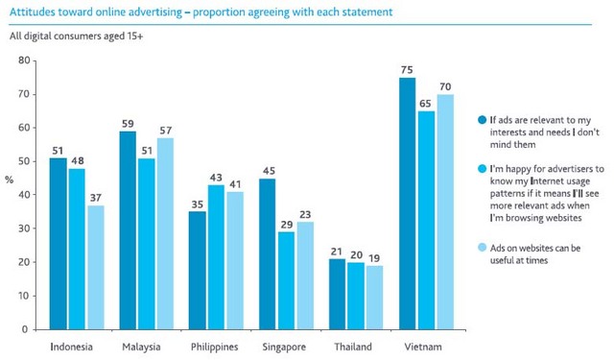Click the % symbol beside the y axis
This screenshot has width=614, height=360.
click(10, 180)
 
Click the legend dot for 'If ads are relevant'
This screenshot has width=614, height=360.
click(482, 119)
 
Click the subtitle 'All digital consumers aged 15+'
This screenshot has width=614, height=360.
click(76, 37)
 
